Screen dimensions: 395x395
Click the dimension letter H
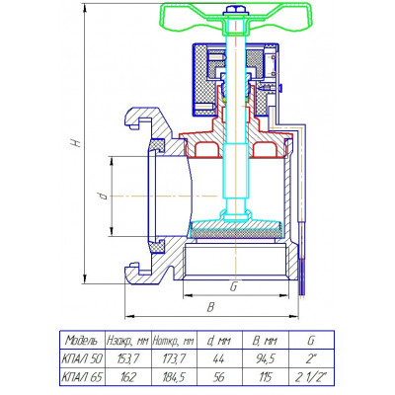(76, 142)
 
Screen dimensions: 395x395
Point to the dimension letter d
(104, 197)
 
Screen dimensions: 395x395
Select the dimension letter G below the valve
(233, 287)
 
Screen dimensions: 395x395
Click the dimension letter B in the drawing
(210, 307)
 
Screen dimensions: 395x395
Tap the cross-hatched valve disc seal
(236, 233)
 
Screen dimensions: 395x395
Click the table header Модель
(81, 340)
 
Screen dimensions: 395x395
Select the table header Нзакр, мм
(127, 341)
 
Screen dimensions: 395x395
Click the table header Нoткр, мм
(173, 341)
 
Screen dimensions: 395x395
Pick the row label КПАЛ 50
(82, 358)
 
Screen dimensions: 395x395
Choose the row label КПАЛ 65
(82, 377)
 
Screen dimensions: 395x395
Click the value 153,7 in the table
(127, 358)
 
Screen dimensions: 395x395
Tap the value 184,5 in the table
(174, 377)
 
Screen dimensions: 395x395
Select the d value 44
(218, 358)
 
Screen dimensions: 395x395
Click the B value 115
(265, 377)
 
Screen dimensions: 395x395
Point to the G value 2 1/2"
(310, 377)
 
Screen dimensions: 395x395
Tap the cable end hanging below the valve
(303, 276)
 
